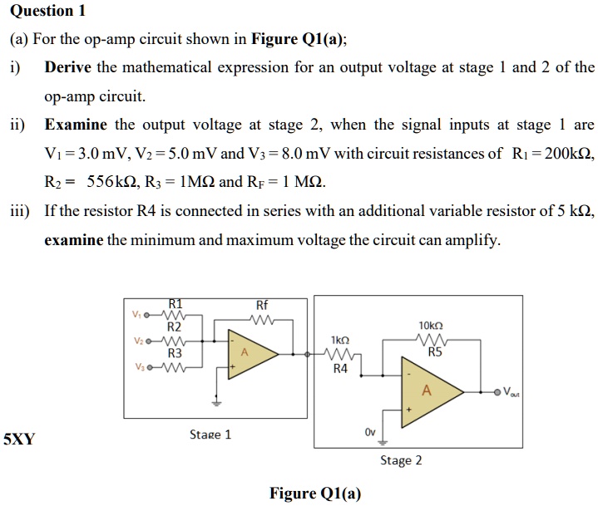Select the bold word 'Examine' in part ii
[76, 125]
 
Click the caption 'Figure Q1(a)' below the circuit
[315, 494]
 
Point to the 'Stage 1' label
[210, 434]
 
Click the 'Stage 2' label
[401, 459]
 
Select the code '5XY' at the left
[19, 439]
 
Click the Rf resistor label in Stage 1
[264, 305]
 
